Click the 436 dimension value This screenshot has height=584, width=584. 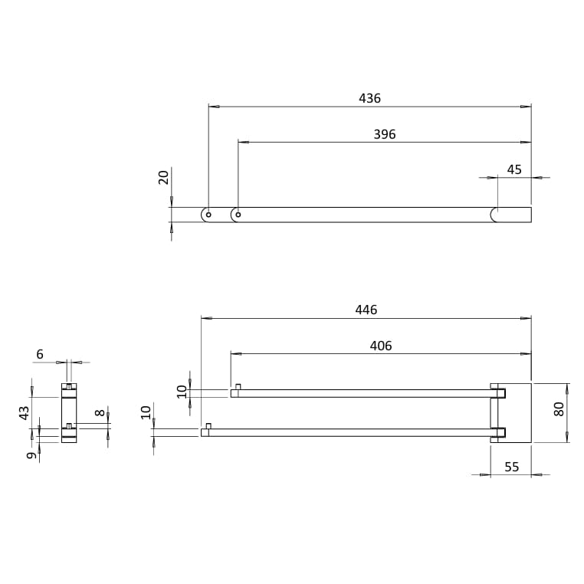[369, 98]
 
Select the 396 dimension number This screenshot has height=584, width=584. [384, 134]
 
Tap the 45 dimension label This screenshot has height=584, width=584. [514, 169]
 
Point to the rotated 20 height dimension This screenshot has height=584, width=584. [163, 177]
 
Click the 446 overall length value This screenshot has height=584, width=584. [366, 310]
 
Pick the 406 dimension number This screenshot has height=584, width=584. [380, 346]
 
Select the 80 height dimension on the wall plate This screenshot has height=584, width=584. [559, 408]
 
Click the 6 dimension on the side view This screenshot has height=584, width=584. [40, 354]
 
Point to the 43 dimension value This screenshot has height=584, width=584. [25, 412]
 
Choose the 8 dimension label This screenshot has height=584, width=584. [100, 412]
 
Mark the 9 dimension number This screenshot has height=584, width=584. [31, 455]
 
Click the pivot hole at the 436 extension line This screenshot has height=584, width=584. [208, 215]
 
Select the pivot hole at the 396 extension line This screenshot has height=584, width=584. [238, 215]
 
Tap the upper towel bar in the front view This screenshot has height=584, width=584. [360, 393]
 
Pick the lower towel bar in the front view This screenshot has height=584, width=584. [345, 432]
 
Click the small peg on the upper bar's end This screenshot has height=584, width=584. [238, 386]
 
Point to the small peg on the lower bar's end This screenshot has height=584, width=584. [208, 425]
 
